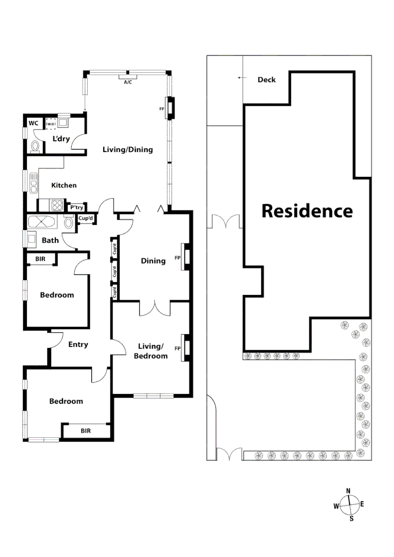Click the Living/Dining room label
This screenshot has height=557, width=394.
pos(128,150)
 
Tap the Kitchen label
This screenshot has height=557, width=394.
pos(64,185)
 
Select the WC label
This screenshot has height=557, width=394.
pos(34,123)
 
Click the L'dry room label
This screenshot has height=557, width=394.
pos(61,139)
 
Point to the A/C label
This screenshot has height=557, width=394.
pos(128,82)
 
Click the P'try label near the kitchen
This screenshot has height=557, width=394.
pos(77,207)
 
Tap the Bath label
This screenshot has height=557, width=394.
pos(50,240)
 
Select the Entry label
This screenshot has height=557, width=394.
pos(78,345)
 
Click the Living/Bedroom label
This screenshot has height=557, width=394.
pos(152,351)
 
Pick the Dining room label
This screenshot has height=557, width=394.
pos(153,260)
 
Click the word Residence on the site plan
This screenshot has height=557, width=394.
pos(307,211)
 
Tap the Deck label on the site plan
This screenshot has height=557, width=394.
pos(266,79)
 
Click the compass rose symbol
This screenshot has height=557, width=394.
pos(350,504)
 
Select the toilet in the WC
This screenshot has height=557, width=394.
pos(35,146)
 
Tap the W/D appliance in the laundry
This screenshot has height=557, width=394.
pos(51,124)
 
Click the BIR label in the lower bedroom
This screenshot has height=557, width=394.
pos(85,430)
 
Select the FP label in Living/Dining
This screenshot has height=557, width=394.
pos(161,109)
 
